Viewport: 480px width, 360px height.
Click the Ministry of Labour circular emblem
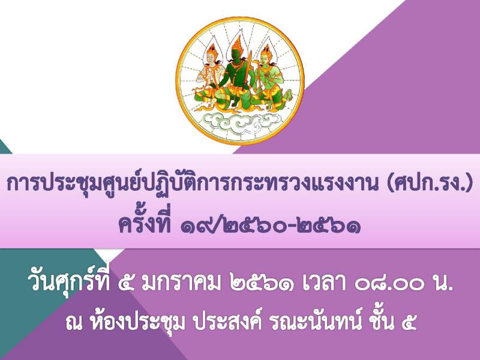pyautogui.click(x=240, y=81)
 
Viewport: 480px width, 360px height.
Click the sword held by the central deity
pyautogui.click(x=247, y=70)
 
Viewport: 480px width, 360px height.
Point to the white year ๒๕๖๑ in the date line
pyautogui.click(x=263, y=283)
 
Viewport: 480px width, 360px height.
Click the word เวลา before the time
pyautogui.click(x=326, y=283)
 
